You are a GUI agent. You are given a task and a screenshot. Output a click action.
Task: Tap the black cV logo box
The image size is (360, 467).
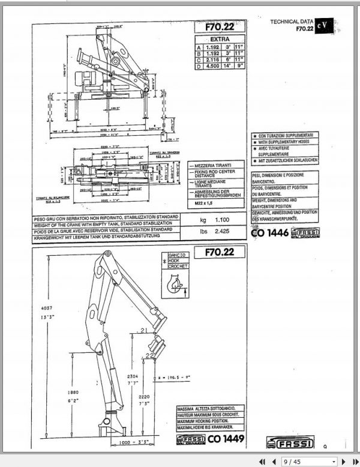click(x=324, y=25)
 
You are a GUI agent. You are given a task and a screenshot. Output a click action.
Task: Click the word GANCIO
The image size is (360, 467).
click(x=178, y=255)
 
